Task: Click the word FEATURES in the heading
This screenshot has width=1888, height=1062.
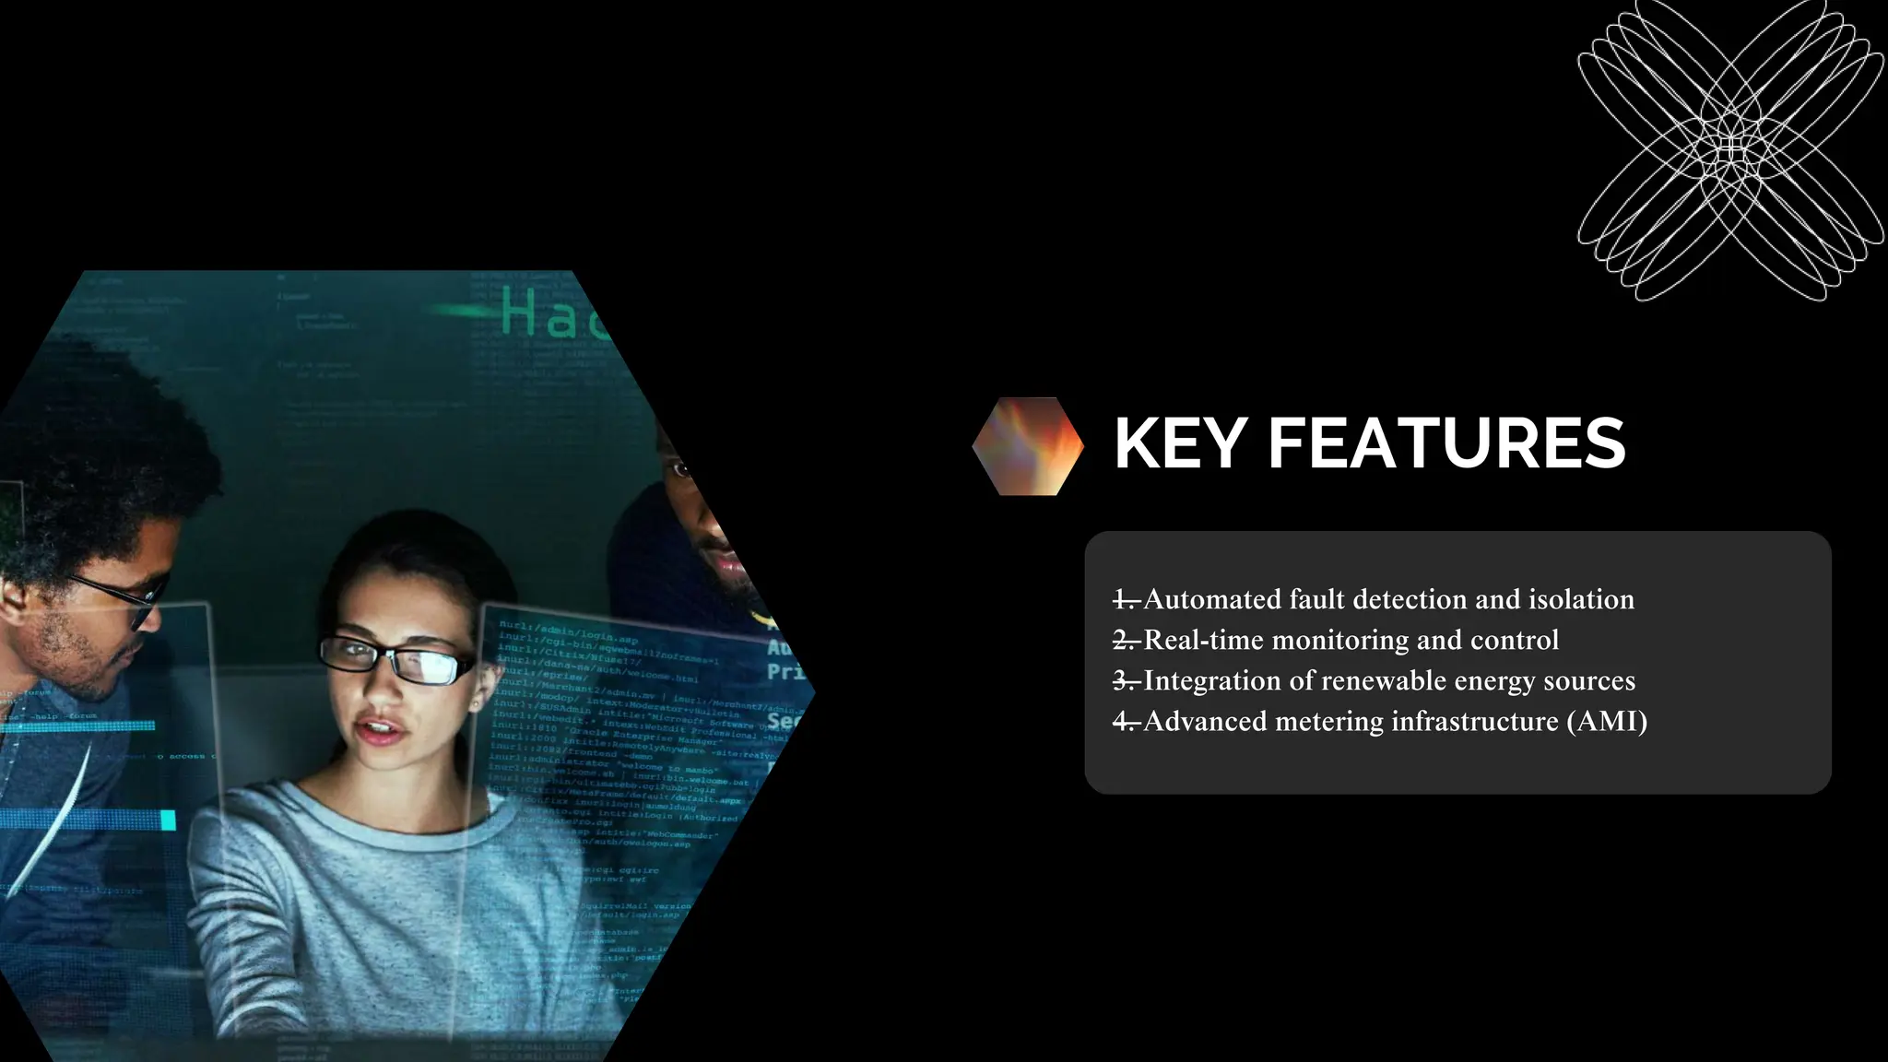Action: point(1446,444)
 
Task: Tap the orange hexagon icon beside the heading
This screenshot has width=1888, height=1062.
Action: point(1028,446)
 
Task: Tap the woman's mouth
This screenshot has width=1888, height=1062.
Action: point(381,732)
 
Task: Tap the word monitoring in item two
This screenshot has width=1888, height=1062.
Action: point(1340,641)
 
